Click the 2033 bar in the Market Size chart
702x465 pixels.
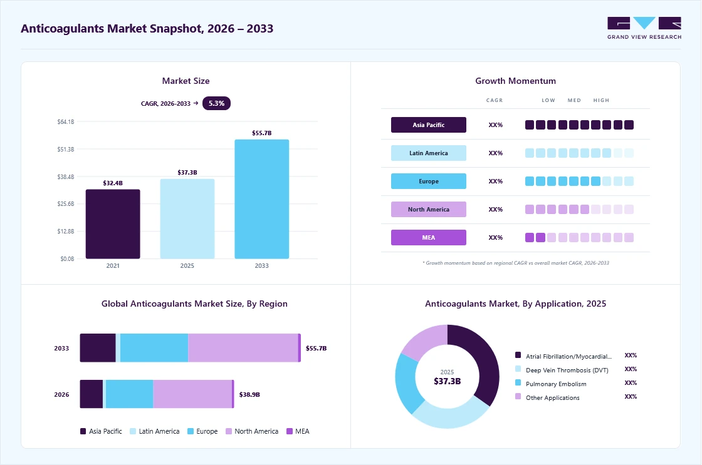(x=262, y=199)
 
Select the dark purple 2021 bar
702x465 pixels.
(x=113, y=224)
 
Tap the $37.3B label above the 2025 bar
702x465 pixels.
(x=187, y=173)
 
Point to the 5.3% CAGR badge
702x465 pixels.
(x=216, y=103)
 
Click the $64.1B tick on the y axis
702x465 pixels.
(x=66, y=121)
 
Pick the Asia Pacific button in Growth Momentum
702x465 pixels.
(x=429, y=125)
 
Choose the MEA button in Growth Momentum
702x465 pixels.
(x=429, y=237)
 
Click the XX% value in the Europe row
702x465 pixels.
(x=496, y=181)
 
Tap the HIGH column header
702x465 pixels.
(x=601, y=100)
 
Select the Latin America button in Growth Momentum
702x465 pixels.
(x=429, y=153)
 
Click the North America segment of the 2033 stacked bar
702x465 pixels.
(x=243, y=348)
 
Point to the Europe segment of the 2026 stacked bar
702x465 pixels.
(x=129, y=394)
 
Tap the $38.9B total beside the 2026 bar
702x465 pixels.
(x=249, y=394)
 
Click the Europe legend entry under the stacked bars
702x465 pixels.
(x=202, y=431)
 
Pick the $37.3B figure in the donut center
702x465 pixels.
(x=448, y=381)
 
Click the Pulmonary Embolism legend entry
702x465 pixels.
(x=551, y=384)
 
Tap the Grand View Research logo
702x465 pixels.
(x=644, y=28)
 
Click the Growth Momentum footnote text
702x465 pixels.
(x=516, y=263)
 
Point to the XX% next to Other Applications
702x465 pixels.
(x=631, y=397)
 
